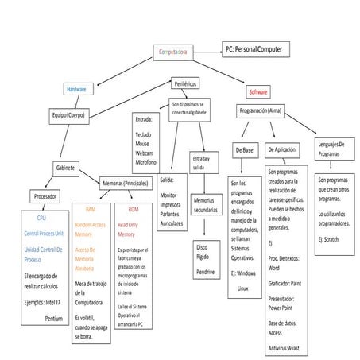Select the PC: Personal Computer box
point(258,48)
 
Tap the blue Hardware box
point(76,89)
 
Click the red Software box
point(258,91)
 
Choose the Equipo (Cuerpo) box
point(67,115)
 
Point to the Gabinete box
point(66,168)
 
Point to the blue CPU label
point(41,217)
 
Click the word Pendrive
point(205,272)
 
